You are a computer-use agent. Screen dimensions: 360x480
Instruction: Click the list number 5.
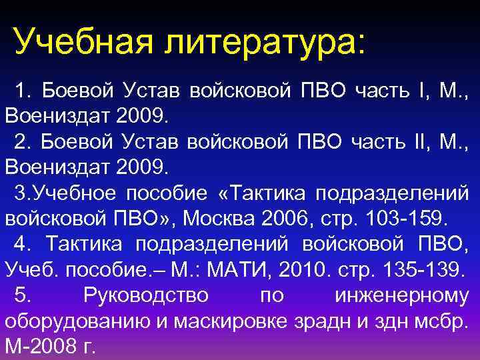coord(21,295)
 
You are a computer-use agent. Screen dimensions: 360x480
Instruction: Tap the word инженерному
coord(399,295)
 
